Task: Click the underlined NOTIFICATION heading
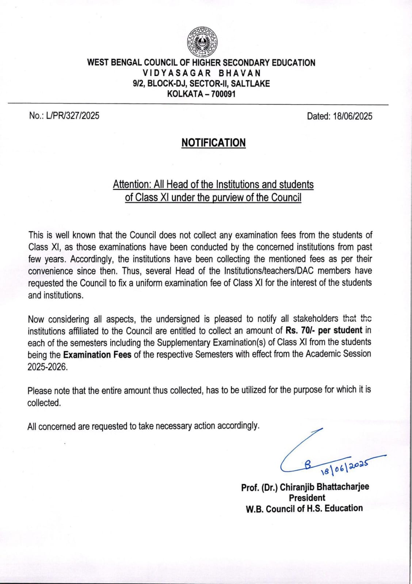tap(213, 143)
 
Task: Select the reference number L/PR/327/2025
tap(73, 116)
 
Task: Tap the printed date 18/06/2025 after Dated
tap(352, 116)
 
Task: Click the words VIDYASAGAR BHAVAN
tap(202, 73)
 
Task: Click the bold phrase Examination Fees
tap(97, 355)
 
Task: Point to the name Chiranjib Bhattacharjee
tap(324, 487)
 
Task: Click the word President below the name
tap(307, 497)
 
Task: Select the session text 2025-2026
tap(47, 367)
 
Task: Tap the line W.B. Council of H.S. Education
tap(304, 508)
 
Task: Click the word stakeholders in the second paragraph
tap(316, 319)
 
